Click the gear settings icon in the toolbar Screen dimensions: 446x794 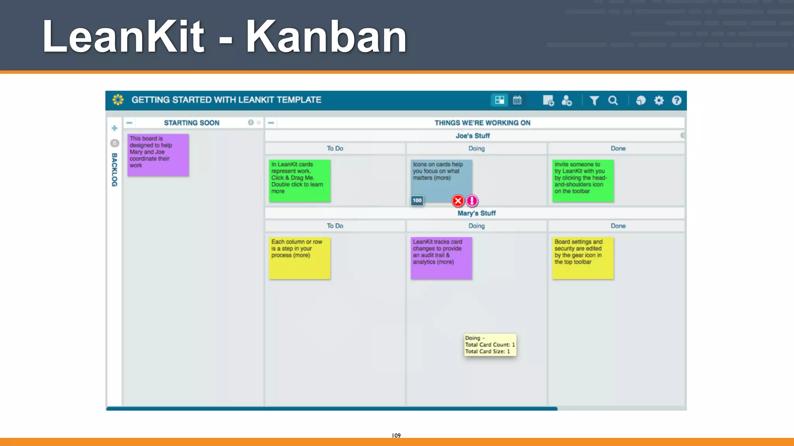(x=659, y=101)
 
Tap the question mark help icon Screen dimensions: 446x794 (x=677, y=101)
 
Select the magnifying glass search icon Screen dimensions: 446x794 (x=613, y=101)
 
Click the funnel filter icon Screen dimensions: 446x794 (x=594, y=101)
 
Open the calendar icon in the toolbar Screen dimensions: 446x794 (x=517, y=100)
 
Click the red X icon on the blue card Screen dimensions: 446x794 (x=458, y=201)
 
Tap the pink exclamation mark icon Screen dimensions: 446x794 (x=472, y=201)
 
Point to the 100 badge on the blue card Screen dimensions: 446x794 (x=417, y=201)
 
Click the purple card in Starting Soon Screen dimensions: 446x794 (x=158, y=155)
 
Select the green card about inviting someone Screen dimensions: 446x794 (x=583, y=181)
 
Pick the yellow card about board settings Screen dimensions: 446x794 (x=583, y=258)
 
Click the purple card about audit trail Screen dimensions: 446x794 (x=441, y=258)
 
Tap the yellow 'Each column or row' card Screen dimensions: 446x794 (x=300, y=258)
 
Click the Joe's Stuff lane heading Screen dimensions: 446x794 (x=473, y=136)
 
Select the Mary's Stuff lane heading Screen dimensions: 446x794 (x=476, y=213)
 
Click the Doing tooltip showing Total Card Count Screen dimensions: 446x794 (x=490, y=345)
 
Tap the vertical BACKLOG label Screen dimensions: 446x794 (x=114, y=170)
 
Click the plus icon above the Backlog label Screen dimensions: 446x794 (x=114, y=128)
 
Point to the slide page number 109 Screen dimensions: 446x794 (x=396, y=436)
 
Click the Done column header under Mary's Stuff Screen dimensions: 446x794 (x=618, y=226)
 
